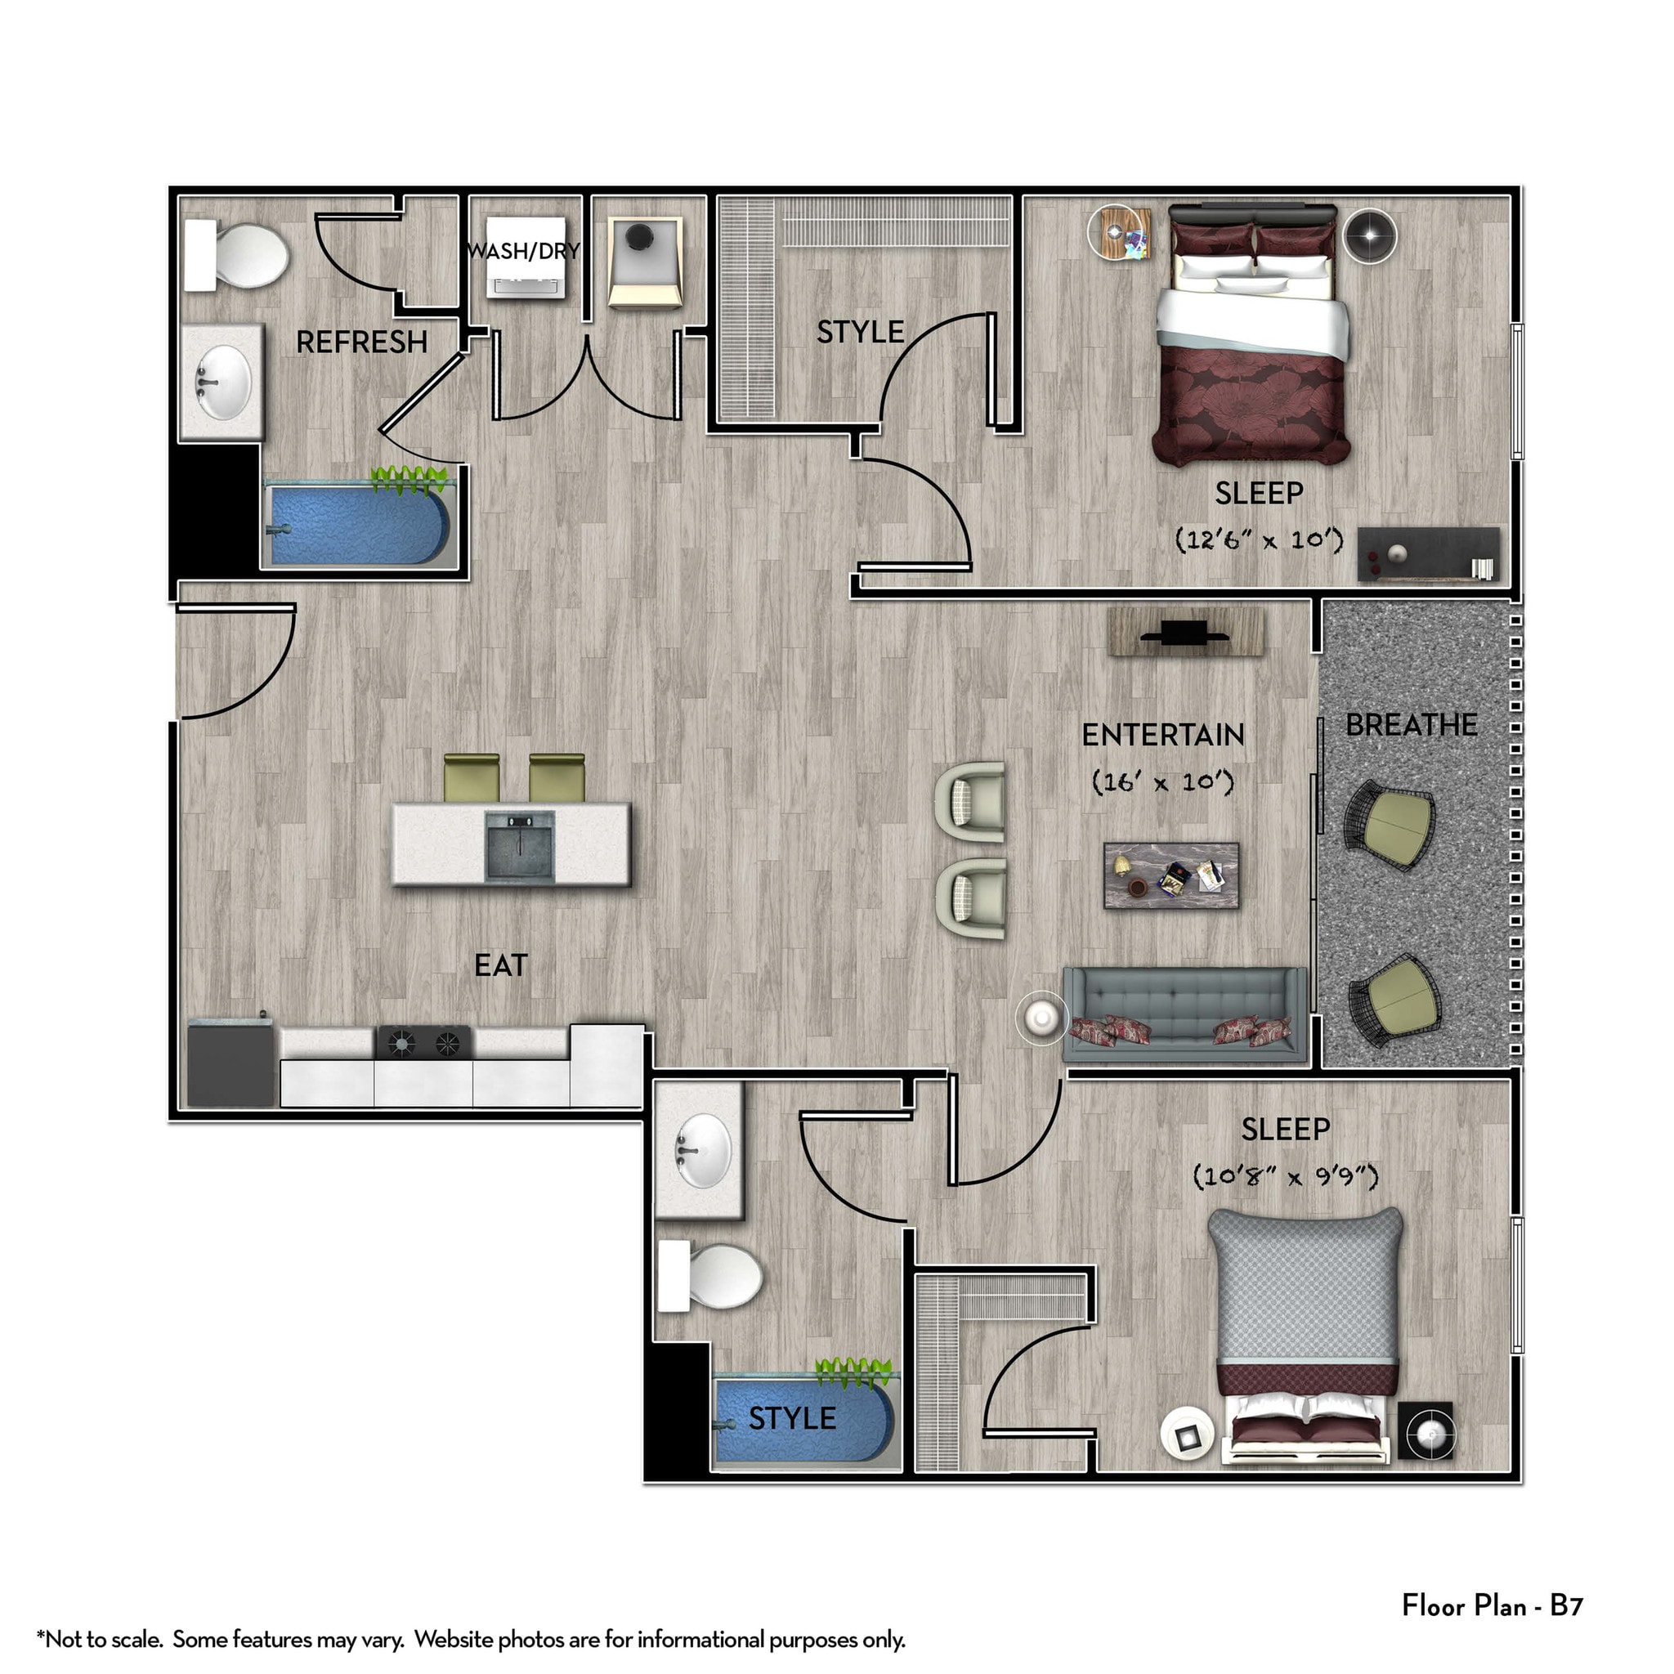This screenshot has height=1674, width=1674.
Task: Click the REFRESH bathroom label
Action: [361, 342]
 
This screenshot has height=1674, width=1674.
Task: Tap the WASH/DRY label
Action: [522, 251]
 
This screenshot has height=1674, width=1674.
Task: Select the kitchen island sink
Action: [518, 846]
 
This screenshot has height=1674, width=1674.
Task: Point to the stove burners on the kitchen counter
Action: [423, 1042]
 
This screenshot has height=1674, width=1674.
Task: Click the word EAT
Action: [500, 965]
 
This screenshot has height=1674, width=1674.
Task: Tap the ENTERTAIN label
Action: [1162, 735]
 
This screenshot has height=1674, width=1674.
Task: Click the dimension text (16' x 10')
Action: [1162, 781]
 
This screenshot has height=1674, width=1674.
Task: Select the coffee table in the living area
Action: [1170, 875]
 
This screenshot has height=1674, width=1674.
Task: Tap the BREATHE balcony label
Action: [1411, 724]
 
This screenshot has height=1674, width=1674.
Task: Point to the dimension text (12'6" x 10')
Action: [1258, 539]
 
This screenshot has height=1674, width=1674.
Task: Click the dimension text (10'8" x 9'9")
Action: [1285, 1175]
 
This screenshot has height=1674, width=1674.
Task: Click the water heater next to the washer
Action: [644, 262]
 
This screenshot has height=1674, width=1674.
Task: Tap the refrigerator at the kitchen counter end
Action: [231, 1064]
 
